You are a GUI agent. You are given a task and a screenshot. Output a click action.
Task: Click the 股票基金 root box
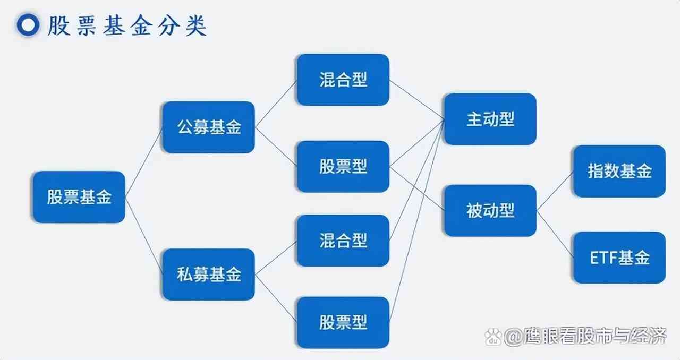(x=79, y=197)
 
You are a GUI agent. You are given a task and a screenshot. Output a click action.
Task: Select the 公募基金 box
(x=208, y=127)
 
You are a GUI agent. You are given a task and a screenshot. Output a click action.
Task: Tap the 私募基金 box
(x=208, y=275)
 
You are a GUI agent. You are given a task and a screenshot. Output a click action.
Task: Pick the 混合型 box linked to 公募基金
(x=343, y=80)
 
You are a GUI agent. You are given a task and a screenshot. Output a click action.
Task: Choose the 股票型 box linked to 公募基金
(x=343, y=167)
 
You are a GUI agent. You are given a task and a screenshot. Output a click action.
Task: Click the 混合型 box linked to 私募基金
(x=343, y=241)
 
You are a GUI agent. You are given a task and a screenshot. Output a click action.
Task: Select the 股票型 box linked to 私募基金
(x=343, y=322)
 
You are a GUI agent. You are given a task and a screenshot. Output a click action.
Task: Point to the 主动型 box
(x=490, y=119)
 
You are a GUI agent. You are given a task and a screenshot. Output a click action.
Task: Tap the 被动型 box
(x=490, y=211)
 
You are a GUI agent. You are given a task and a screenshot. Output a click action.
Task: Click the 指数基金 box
(x=619, y=171)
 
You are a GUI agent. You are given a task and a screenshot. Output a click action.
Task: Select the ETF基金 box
(x=619, y=258)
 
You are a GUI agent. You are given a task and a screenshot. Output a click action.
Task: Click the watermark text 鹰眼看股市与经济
(x=585, y=336)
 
